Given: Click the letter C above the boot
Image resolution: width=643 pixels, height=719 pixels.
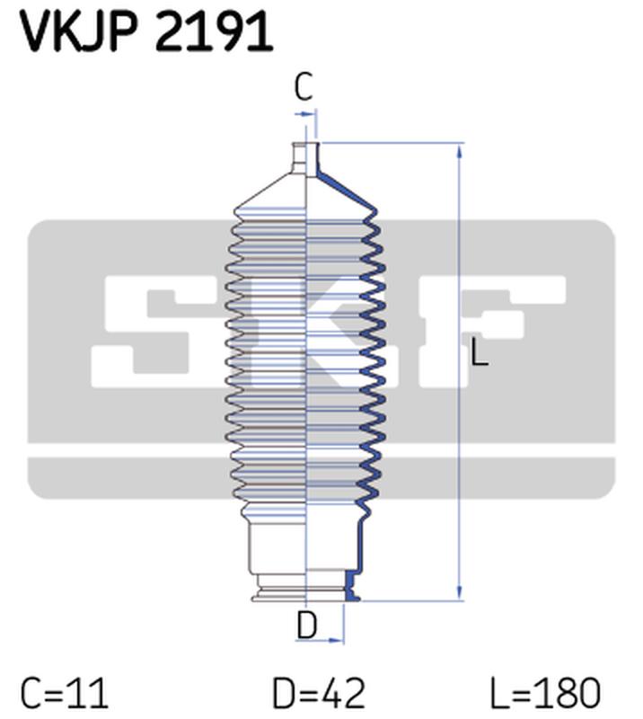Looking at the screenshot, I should pyautogui.click(x=304, y=88).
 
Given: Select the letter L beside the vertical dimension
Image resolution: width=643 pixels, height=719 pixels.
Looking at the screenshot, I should pyautogui.click(x=480, y=354).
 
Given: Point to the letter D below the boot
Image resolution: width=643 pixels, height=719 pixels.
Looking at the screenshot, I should pyautogui.click(x=307, y=625).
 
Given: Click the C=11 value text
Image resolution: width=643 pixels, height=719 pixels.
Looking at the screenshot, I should pyautogui.click(x=65, y=694).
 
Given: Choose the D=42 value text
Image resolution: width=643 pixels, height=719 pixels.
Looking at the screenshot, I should pyautogui.click(x=320, y=694).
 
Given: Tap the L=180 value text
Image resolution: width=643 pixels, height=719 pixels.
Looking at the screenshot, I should pyautogui.click(x=545, y=694).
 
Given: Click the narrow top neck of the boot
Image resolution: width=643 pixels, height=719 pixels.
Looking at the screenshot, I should pyautogui.click(x=306, y=158).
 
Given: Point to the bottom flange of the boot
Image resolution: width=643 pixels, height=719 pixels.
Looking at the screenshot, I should pyautogui.click(x=306, y=593).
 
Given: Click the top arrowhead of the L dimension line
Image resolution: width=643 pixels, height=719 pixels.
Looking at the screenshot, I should pyautogui.click(x=460, y=149).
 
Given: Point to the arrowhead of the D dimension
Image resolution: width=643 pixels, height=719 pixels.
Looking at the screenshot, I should pyautogui.click(x=339, y=640).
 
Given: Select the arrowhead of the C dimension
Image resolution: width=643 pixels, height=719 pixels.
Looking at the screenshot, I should pyautogui.click(x=312, y=113).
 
